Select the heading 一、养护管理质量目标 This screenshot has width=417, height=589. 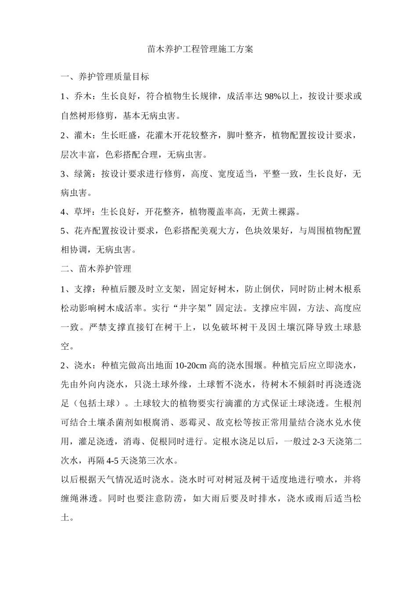[105, 77]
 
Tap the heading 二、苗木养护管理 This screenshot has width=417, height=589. [96, 268]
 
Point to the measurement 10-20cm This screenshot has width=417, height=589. [192, 365]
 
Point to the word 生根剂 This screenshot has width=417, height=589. [348, 403]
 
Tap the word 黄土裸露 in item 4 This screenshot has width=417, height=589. [279, 212]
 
